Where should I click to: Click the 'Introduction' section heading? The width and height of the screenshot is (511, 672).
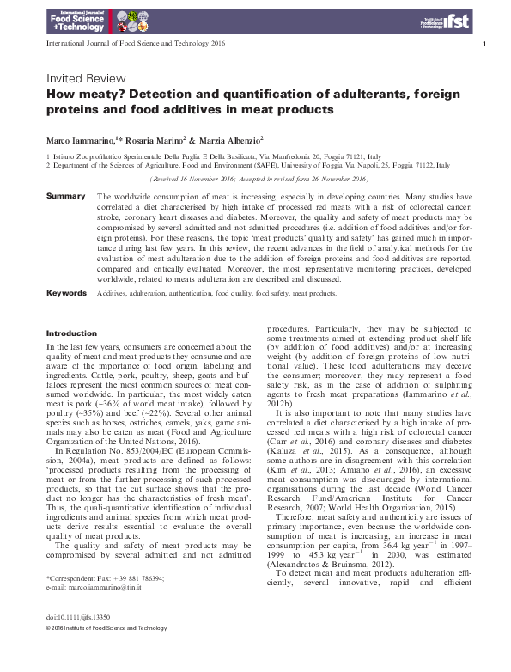coord(71,333)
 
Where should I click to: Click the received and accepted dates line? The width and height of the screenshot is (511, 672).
coord(258,179)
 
